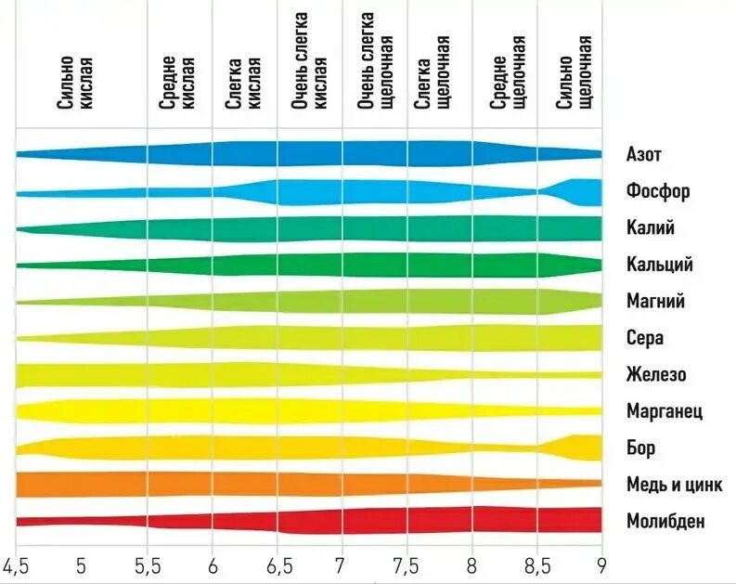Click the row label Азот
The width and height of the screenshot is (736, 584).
644,154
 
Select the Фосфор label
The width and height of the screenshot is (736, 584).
658,192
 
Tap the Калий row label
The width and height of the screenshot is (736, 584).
651,228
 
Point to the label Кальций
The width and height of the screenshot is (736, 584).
659,266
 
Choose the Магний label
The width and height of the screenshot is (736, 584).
655,302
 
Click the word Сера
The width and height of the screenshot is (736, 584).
645,338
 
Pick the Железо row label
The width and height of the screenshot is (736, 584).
656,375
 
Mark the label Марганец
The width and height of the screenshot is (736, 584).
665,411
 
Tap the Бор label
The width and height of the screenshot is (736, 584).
640,448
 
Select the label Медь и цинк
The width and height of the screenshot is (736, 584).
674,484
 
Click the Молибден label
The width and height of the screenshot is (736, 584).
665,521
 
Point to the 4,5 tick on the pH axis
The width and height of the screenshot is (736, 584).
16,565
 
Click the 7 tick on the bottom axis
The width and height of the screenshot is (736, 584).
340,565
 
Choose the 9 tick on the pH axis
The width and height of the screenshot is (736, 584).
601,565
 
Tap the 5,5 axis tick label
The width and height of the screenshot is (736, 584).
147,565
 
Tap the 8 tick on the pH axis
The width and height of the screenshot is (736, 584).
471,565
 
